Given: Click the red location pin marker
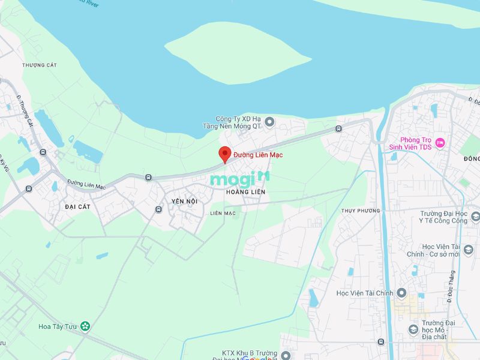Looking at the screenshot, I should coord(224,154).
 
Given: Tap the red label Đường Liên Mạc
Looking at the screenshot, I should coord(258,155).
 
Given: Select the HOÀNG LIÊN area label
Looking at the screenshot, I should coord(245,191).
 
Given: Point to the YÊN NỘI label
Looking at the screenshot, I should coord(184,201).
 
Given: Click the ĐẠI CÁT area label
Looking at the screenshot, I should coord(78,206).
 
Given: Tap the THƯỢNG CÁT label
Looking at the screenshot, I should coord(39,65).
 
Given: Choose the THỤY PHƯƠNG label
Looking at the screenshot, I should coord(361,211).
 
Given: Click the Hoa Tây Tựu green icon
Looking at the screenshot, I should coord(86,326).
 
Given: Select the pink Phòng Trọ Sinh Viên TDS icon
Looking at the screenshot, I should coord(440,142).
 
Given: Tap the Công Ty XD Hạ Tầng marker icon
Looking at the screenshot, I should coord(269,122).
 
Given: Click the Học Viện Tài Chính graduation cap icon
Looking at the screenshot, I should coord(401,293).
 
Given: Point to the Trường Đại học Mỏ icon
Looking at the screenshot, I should coord(413,329).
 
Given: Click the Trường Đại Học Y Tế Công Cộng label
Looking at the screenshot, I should coord(443,217).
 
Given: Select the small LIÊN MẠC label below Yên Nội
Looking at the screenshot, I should coord(223,213).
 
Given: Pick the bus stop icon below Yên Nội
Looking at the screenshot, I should coord(158,209).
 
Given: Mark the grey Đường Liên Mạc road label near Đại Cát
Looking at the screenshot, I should coord(86,184).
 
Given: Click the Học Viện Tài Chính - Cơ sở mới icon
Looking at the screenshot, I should coord(469,250).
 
